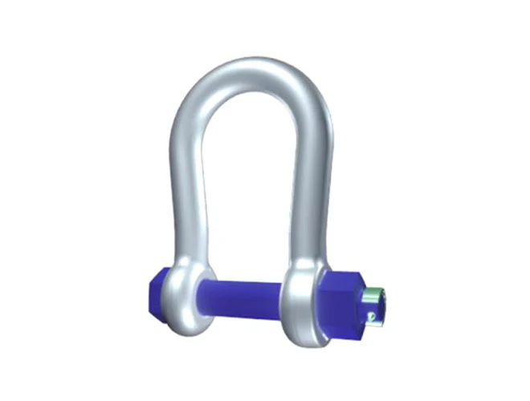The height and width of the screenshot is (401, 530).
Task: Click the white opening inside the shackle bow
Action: (245, 184)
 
